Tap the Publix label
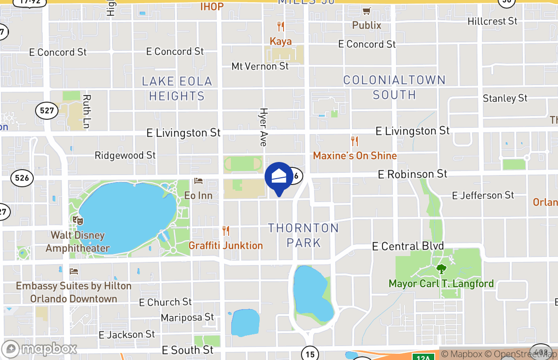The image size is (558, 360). click(x=367, y=25)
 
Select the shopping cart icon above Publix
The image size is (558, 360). click(x=367, y=11)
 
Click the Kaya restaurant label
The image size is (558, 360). click(x=281, y=41)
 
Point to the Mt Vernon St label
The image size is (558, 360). click(x=260, y=66)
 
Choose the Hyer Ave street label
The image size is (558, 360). click(x=264, y=127)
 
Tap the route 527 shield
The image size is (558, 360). click(x=47, y=110)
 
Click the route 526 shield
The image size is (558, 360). click(x=22, y=178)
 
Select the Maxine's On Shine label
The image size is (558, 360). click(x=355, y=156)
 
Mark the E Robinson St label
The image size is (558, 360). click(x=413, y=174)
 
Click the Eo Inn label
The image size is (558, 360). click(x=198, y=195)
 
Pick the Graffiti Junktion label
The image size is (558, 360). click(x=225, y=245)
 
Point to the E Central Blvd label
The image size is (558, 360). click(x=408, y=246)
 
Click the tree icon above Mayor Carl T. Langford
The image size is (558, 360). click(x=441, y=269)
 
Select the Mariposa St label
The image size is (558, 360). click(x=188, y=318)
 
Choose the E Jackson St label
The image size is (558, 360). click(x=127, y=334)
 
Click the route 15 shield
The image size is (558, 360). click(x=310, y=354)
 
